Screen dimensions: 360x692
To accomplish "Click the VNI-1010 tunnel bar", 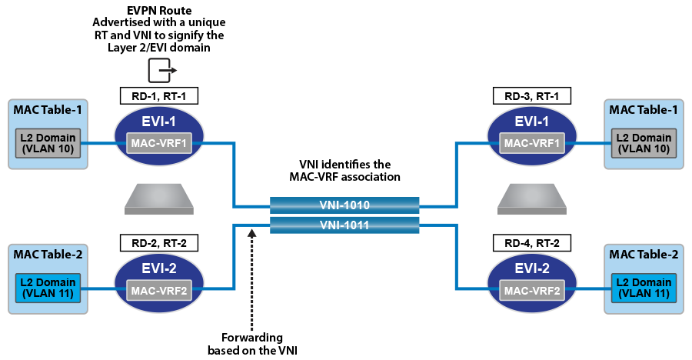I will point(344,205).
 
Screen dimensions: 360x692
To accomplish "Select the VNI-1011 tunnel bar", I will point(344,225).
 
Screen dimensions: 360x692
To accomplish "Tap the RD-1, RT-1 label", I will point(159,96).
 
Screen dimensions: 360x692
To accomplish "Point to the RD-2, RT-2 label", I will point(159,243).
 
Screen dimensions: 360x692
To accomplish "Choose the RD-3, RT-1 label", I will point(532,96).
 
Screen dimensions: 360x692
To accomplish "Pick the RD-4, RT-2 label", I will point(532,243).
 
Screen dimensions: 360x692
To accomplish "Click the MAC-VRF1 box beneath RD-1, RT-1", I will point(158,143).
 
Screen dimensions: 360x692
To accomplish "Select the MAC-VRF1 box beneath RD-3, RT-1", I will point(532,143).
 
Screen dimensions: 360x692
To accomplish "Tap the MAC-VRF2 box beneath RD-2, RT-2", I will point(158,290).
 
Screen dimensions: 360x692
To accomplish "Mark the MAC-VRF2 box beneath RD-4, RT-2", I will point(532,290).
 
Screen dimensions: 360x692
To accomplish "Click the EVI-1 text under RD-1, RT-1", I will point(158,122).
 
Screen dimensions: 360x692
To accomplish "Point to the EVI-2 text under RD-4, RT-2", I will point(532,268).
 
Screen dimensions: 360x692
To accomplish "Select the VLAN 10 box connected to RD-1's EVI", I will point(48,143).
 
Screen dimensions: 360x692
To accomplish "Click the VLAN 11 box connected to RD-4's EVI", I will point(644,288).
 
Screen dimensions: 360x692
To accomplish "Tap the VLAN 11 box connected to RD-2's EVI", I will point(48,288).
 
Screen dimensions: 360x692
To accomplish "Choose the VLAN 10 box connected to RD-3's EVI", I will point(644,143).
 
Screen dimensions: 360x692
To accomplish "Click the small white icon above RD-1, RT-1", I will point(161,71).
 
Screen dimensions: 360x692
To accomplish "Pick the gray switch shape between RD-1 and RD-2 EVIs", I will point(158,199).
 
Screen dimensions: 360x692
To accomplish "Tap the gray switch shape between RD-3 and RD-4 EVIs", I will point(532,199).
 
